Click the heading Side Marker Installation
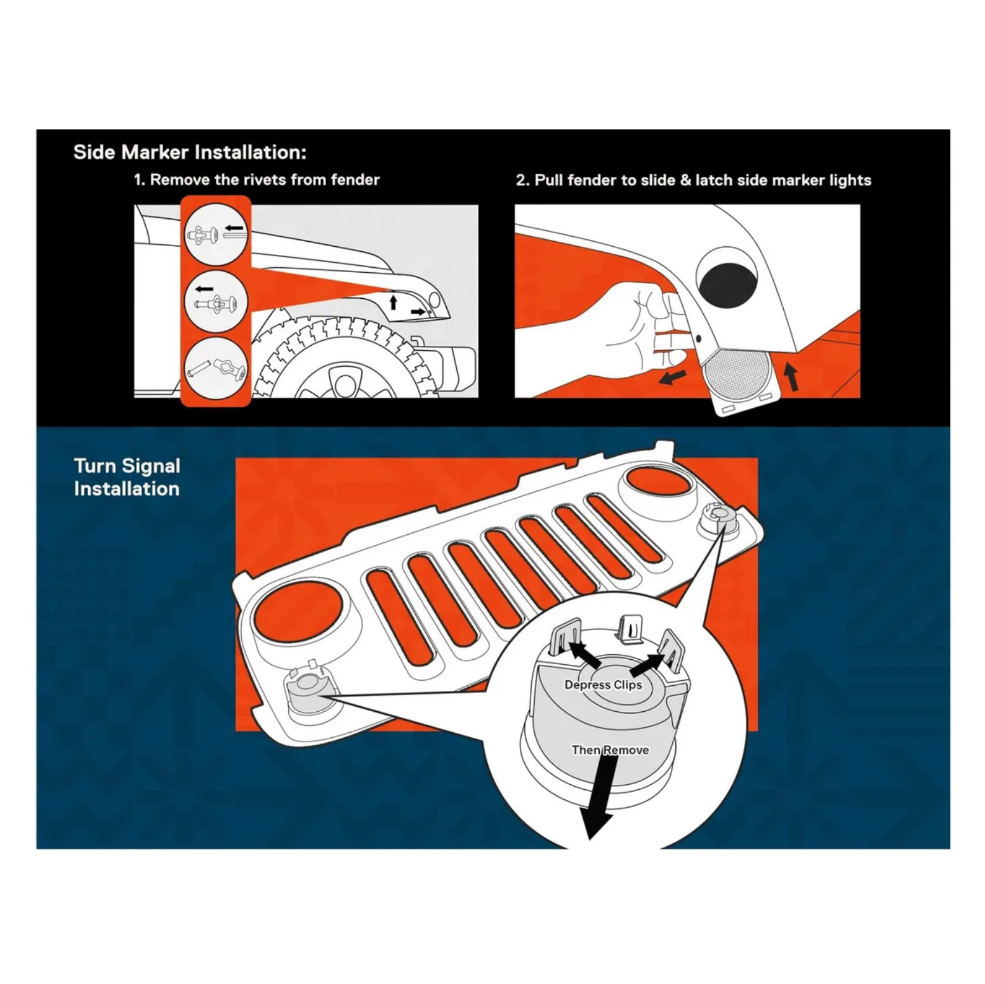pos(190,152)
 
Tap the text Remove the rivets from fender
pos(265,180)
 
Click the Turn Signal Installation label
pos(127,477)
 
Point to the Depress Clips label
pos(603,685)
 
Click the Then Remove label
pos(610,750)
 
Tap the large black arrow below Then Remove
pos(600,797)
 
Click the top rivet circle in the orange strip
pos(216,234)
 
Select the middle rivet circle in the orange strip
pos(216,301)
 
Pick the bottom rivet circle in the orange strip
pos(216,368)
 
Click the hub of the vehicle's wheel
pos(345,384)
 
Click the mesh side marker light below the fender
pos(738,374)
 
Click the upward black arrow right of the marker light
pos(791,377)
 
